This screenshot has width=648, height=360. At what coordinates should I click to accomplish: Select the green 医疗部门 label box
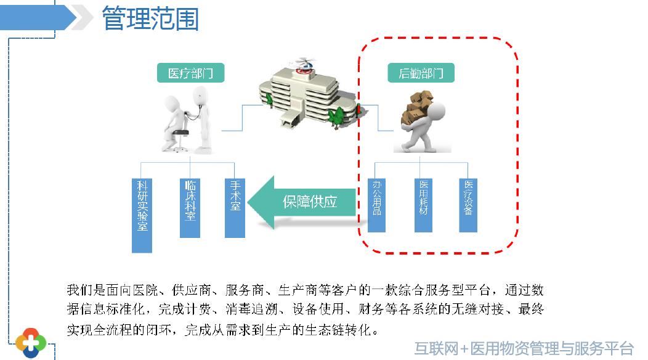pyautogui.click(x=190, y=73)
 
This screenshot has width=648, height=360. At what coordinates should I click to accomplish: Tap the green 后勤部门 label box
pyautogui.click(x=421, y=73)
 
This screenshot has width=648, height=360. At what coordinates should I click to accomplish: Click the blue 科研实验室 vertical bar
pyautogui.click(x=142, y=215)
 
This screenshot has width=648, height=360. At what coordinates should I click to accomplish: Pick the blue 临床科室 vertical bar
pyautogui.click(x=190, y=207)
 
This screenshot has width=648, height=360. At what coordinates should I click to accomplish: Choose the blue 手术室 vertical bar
pyautogui.click(x=235, y=207)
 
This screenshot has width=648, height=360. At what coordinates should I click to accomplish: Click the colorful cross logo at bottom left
pyautogui.click(x=31, y=341)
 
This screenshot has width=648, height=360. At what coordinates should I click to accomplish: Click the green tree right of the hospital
pyautogui.click(x=336, y=115)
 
